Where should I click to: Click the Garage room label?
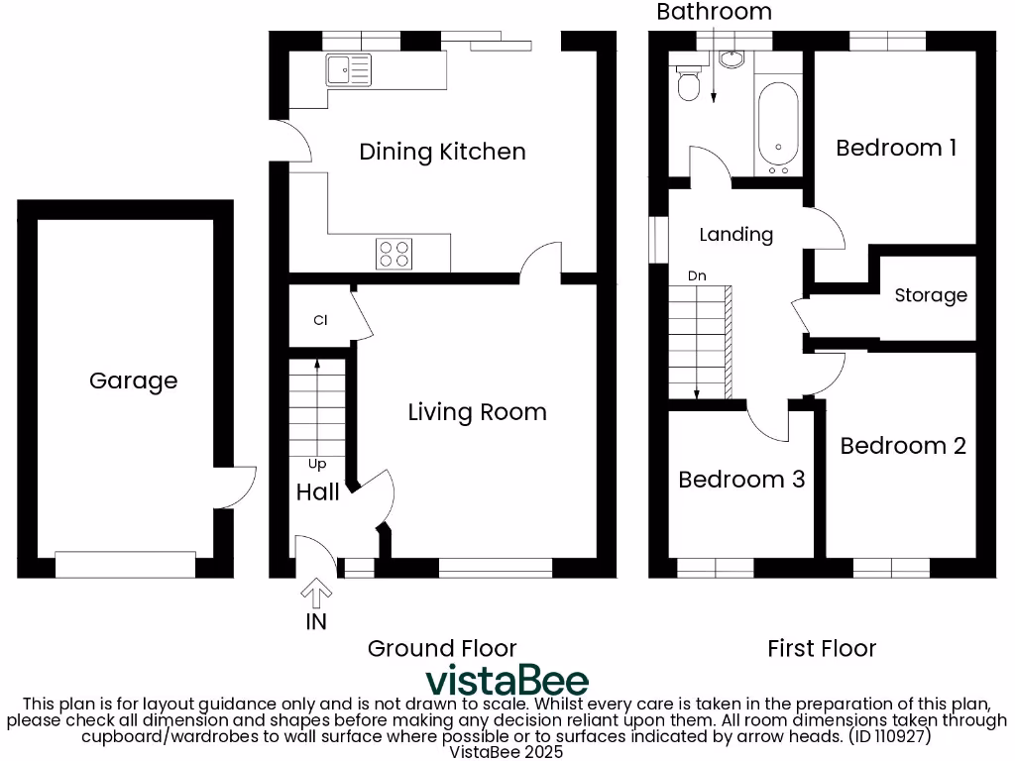pyautogui.click(x=133, y=380)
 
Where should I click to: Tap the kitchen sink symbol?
pyautogui.click(x=347, y=69)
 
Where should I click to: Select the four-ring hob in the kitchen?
pyautogui.click(x=394, y=255)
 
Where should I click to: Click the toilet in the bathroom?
pyautogui.click(x=686, y=83)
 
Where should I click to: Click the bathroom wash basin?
pyautogui.click(x=731, y=60)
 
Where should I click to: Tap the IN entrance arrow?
pyautogui.click(x=316, y=595)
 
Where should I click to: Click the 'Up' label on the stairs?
pyautogui.click(x=316, y=463)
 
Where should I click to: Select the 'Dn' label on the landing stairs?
pyautogui.click(x=697, y=275)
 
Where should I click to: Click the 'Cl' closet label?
pyautogui.click(x=320, y=320)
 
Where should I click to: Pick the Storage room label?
pyautogui.click(x=931, y=295)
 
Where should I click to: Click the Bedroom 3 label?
pyautogui.click(x=741, y=480)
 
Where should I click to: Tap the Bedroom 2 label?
pyautogui.click(x=903, y=446)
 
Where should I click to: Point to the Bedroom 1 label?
pyautogui.click(x=896, y=148)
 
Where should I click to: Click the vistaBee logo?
pyautogui.click(x=507, y=682)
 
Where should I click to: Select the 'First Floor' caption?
pyautogui.click(x=822, y=648)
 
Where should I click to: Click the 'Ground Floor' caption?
pyautogui.click(x=442, y=648)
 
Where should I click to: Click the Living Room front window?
pyautogui.click(x=495, y=568)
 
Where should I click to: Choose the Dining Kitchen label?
pyautogui.click(x=442, y=152)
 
